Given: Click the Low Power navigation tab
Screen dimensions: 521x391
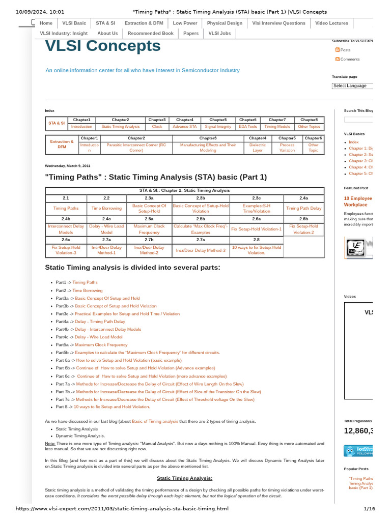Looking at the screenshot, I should coord(185,23).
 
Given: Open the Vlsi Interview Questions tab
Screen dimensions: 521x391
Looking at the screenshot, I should coord(278,23).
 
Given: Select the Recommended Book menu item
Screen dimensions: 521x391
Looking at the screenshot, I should coord(150,33).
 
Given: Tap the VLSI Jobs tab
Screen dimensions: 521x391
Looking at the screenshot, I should coord(219,33).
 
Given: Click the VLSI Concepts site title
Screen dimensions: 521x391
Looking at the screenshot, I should coord(103,46).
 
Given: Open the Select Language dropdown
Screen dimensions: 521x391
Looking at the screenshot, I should coord(352,86).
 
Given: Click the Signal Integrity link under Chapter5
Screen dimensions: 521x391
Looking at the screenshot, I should coord(218,127).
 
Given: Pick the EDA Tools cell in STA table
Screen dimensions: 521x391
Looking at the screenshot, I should coord(248,127).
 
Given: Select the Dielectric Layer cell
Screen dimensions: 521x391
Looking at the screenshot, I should coord(257,148).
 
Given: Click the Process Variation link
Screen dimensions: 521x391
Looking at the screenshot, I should coord(287,148).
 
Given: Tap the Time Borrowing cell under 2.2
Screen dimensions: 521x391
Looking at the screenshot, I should coord(106,208).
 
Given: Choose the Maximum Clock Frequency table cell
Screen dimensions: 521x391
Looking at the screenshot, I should coord(149,229).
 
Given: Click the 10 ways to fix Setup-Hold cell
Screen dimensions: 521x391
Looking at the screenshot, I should coord(256,250).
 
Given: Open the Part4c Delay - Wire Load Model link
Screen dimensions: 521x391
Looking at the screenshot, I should coord(98,337).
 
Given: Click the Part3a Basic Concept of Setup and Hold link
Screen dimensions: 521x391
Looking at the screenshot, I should coord(107,298).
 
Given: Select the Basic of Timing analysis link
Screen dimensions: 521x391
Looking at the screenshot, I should coord(155,421).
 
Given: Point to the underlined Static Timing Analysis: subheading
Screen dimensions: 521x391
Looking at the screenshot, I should coord(184,478).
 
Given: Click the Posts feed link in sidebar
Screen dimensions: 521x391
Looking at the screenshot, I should coord(345,50).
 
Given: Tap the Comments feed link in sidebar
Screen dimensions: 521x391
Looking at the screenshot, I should coord(350,59).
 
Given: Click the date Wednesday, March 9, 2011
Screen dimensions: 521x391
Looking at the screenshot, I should coord(68,166).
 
